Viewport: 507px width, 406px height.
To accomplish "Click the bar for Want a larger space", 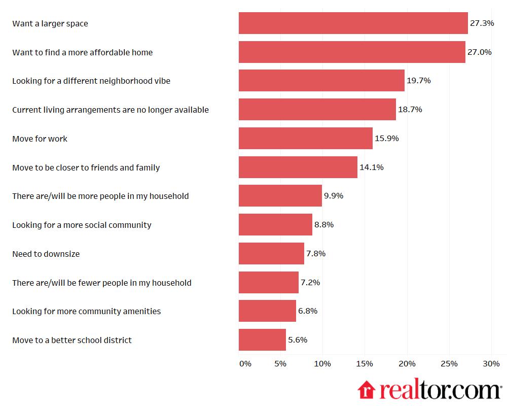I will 353,23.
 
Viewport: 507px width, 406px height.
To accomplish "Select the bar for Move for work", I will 305,139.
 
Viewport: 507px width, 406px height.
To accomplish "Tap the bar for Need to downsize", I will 271,254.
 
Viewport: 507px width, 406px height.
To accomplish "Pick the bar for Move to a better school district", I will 262,340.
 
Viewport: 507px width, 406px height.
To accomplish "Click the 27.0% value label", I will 479,52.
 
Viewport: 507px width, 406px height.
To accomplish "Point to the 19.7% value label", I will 418,81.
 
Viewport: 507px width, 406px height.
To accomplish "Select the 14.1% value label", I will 371,167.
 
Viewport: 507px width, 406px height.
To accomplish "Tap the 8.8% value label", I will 324,225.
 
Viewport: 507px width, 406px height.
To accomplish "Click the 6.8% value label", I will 308,311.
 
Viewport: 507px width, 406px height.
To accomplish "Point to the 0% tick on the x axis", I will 245,364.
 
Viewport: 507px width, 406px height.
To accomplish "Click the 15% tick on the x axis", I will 365,364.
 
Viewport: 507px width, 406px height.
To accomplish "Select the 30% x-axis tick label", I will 491,364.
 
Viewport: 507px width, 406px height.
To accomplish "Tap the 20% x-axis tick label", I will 407,364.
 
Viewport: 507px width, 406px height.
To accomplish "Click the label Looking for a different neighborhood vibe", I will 91,81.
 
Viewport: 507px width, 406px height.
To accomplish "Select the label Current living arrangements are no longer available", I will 111,110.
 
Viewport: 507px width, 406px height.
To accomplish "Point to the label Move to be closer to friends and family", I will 86,167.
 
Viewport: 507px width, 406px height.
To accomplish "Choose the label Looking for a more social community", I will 82,225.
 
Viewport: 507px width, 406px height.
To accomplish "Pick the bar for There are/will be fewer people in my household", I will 269,283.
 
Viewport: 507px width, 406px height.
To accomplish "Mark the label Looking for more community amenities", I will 86,311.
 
